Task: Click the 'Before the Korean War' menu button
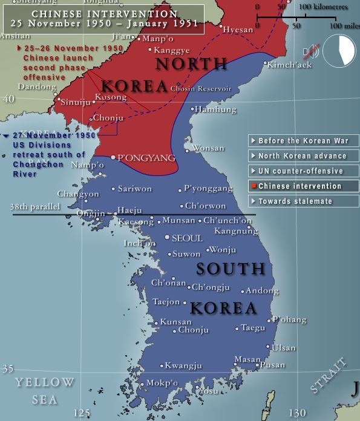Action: [303, 141]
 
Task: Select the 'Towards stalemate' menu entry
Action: [303, 201]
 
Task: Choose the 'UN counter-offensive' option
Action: [303, 171]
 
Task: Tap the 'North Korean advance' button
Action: [303, 156]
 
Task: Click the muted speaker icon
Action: [312, 51]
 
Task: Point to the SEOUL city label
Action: [187, 238]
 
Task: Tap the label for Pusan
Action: [272, 365]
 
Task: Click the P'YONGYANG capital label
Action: [146, 158]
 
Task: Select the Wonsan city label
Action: [208, 148]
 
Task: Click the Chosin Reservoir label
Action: [201, 89]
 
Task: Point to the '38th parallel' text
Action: [35, 206]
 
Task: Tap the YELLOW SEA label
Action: [45, 391]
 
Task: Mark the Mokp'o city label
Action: [162, 383]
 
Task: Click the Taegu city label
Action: [253, 328]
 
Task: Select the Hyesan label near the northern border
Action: [238, 29]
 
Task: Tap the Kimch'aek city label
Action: [289, 64]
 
